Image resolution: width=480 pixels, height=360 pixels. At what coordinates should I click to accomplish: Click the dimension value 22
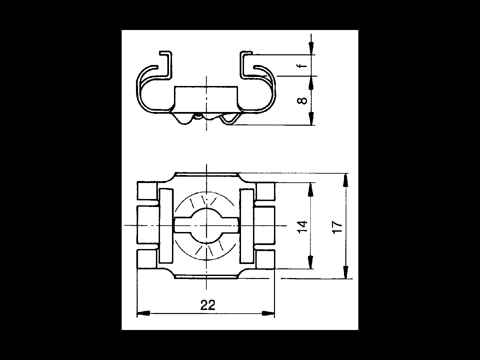pyautogui.click(x=208, y=305)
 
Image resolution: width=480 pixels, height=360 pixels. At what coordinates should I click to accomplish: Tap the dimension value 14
pyautogui.click(x=303, y=227)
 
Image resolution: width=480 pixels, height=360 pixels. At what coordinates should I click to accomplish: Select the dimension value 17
pyautogui.click(x=337, y=227)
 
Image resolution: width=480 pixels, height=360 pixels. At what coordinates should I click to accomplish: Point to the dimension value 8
pyautogui.click(x=302, y=101)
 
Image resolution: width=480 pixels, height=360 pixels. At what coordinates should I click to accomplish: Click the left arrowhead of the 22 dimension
pyautogui.click(x=143, y=313)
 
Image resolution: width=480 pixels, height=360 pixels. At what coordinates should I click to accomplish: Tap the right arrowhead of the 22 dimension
pyautogui.click(x=268, y=313)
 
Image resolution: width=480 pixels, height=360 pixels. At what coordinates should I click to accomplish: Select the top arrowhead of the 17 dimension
pyautogui.click(x=345, y=180)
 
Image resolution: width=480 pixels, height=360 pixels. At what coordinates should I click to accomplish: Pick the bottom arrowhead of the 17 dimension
pyautogui.click(x=345, y=272)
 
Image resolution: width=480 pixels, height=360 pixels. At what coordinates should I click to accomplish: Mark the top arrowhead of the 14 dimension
pyautogui.click(x=310, y=189)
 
